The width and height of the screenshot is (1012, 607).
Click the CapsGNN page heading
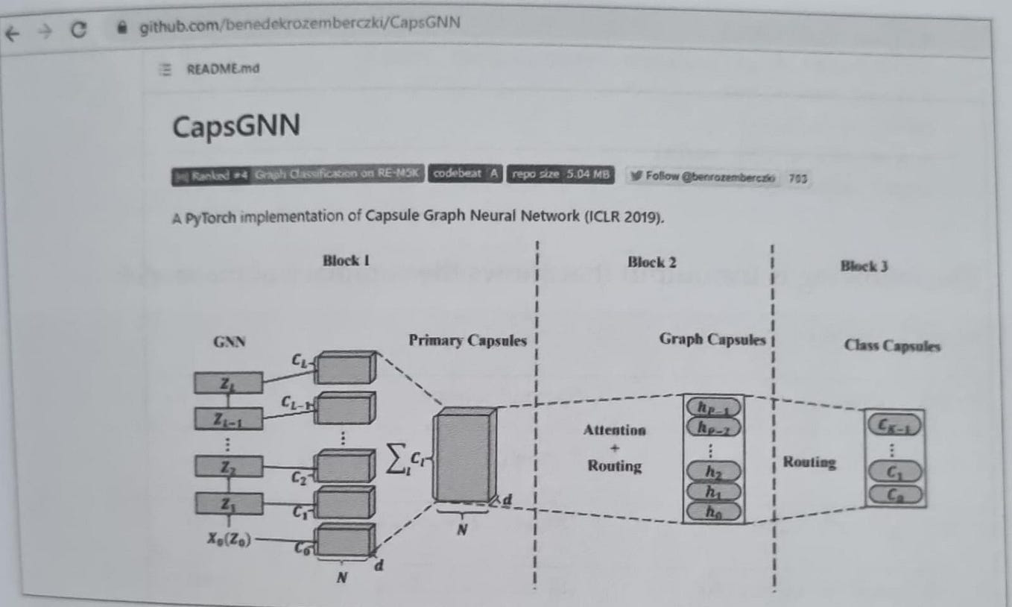click(236, 126)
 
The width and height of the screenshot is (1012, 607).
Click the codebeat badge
click(465, 174)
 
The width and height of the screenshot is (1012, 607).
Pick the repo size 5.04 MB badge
click(560, 174)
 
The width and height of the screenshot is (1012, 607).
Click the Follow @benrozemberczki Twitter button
click(703, 177)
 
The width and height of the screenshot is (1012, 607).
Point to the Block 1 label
click(347, 260)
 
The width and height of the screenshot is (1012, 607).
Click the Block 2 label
click(652, 262)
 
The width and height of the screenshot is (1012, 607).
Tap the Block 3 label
click(864, 265)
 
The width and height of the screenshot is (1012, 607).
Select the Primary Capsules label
click(467, 341)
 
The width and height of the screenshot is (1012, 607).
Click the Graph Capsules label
click(712, 339)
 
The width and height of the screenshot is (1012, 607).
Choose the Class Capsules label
click(892, 345)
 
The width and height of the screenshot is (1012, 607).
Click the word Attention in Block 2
click(615, 430)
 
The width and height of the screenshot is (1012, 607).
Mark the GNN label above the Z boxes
click(230, 342)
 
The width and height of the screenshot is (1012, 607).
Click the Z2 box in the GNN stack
click(228, 467)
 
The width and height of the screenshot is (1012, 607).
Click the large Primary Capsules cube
click(464, 456)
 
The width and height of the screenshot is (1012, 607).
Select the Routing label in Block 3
click(809, 462)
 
